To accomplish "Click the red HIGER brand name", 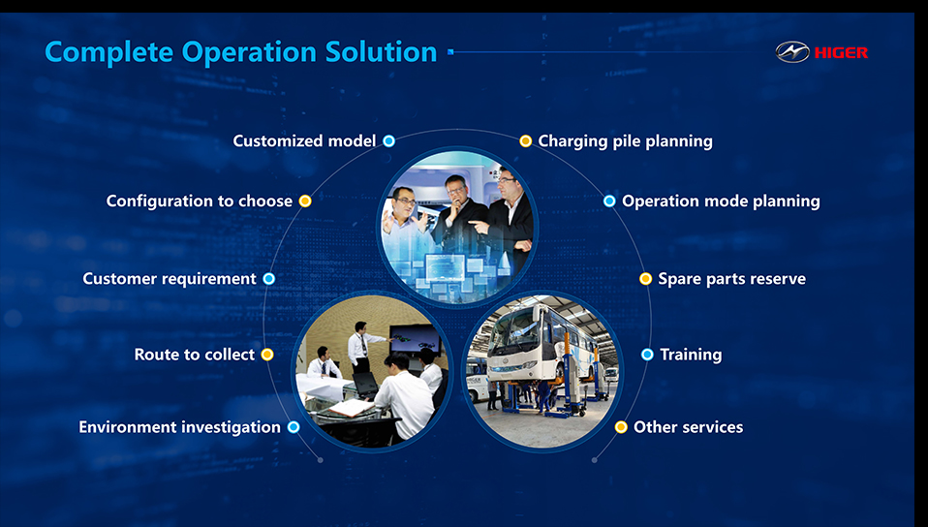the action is [x=841, y=52].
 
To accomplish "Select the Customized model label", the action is [x=304, y=140].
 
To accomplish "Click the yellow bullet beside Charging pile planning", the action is [x=526, y=140].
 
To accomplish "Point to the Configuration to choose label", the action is [x=199, y=201].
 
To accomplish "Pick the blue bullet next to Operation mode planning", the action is [x=609, y=201].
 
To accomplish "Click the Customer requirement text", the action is [x=170, y=279].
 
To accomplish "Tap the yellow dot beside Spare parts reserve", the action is [x=646, y=279].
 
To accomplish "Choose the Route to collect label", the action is [x=194, y=355].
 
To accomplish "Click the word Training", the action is [x=691, y=355].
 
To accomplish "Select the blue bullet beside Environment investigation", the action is [x=294, y=427].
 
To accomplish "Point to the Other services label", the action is [x=689, y=427].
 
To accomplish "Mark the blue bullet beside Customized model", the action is [x=388, y=140].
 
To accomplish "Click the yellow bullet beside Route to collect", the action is [x=267, y=355].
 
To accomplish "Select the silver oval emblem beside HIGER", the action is [x=792, y=52].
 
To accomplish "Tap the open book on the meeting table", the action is [x=352, y=408].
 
